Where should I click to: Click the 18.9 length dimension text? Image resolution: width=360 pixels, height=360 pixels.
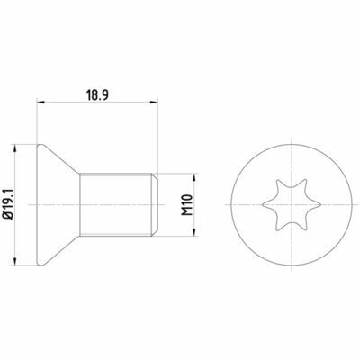coord(97,95)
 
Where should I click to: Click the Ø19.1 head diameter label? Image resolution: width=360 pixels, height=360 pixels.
coord(8,205)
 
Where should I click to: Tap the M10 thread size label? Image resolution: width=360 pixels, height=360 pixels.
coord(187,205)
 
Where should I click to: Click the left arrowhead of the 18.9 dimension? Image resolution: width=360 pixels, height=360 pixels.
coord(40,103)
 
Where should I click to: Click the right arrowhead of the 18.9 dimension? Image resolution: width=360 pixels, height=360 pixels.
coord(154,103)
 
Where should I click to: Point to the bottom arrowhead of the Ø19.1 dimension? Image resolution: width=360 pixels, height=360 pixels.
coord(14,261)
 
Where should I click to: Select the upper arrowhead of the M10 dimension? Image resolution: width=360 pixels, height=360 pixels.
coord(195,177)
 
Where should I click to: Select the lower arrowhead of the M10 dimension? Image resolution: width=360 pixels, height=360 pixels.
coord(195,232)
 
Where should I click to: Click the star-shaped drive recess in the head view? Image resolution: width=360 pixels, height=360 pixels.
coord(292,205)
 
